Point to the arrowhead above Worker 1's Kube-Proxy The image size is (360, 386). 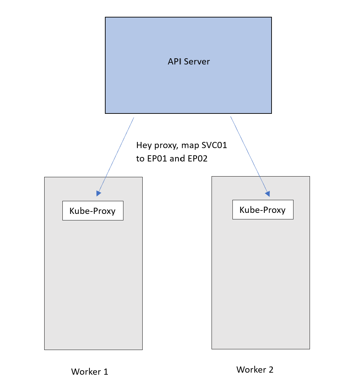(x=98, y=193)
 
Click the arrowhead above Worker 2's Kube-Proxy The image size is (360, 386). (x=267, y=194)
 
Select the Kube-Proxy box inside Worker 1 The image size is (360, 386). (x=93, y=211)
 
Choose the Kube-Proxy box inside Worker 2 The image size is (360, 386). (x=263, y=210)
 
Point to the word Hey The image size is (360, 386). (x=143, y=145)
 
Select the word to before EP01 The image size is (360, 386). (x=140, y=159)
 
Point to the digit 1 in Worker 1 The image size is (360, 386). (x=105, y=372)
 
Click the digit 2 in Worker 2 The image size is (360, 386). (x=271, y=370)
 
